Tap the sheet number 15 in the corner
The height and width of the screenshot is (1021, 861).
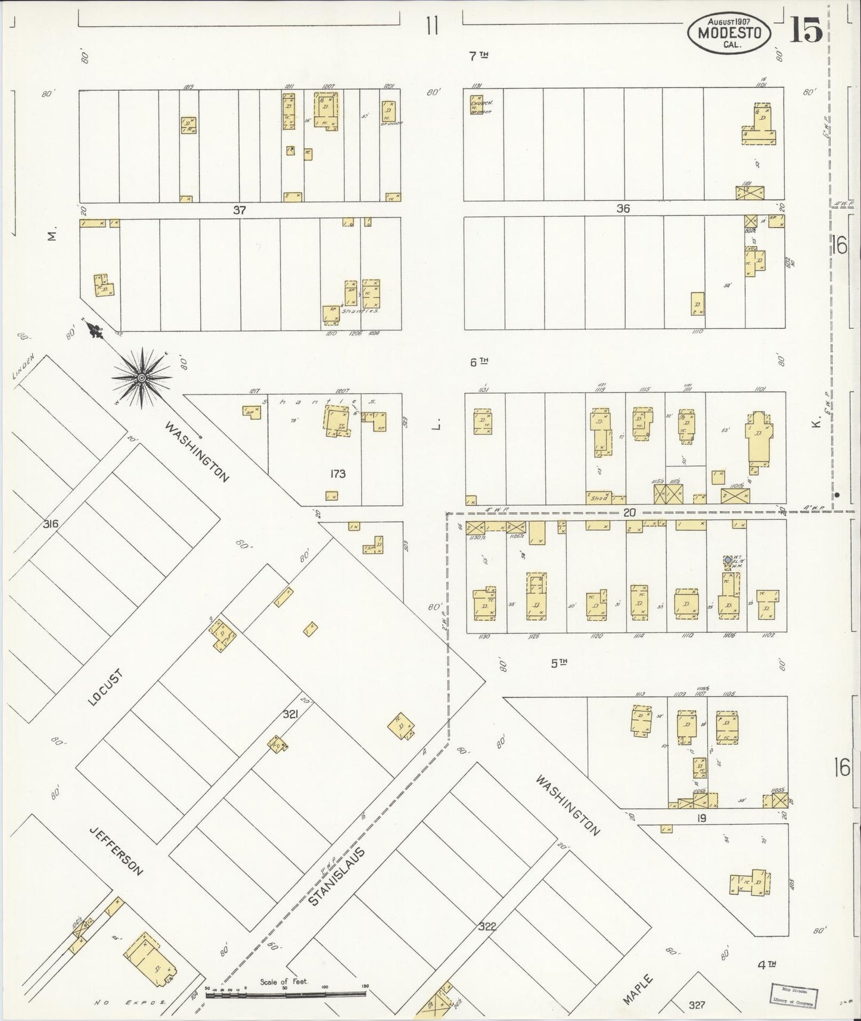click(807, 29)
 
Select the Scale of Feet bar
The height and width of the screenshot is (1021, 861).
click(286, 994)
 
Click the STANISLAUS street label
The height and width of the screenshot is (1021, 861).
click(337, 873)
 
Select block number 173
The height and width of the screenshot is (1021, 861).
click(337, 474)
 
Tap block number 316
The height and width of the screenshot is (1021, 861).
click(51, 524)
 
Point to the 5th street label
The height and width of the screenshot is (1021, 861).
click(558, 662)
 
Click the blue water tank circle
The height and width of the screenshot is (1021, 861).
click(728, 560)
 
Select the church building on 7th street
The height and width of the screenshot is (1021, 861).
click(477, 104)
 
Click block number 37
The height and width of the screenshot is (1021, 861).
click(240, 210)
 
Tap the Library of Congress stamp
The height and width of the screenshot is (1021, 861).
click(794, 993)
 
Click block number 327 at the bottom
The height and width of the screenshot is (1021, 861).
click(696, 1005)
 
